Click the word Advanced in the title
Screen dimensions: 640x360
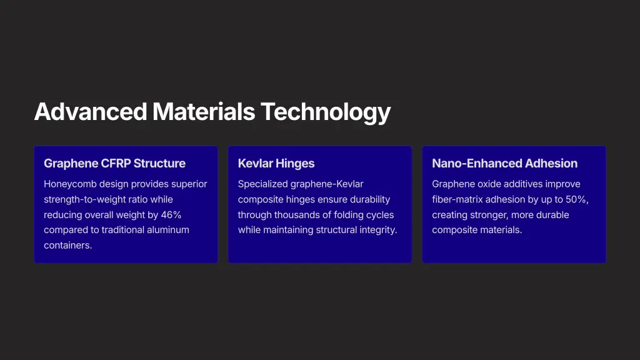91,111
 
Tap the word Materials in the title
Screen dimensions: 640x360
204,111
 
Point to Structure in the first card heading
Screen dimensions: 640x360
159,163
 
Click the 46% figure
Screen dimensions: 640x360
171,215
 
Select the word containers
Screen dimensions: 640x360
67,245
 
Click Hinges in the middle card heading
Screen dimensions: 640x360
296,164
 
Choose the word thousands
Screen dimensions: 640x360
294,215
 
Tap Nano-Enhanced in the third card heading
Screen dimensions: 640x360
477,163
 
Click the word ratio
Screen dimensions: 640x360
137,199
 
